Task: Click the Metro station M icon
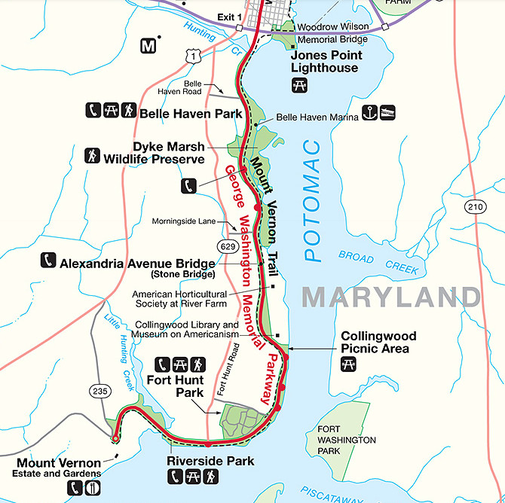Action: [x=148, y=47]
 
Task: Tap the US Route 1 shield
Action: [x=194, y=56]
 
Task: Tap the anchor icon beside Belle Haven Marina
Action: [x=369, y=113]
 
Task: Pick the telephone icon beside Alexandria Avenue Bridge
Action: [x=48, y=261]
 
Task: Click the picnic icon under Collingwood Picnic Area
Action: [x=349, y=364]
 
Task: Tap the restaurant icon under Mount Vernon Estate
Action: [x=93, y=488]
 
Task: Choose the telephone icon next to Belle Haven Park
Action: [x=93, y=111]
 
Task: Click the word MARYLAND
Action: [x=390, y=296]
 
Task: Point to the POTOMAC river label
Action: [x=313, y=204]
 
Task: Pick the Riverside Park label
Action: [x=210, y=461]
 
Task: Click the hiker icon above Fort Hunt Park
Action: [x=198, y=364]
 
